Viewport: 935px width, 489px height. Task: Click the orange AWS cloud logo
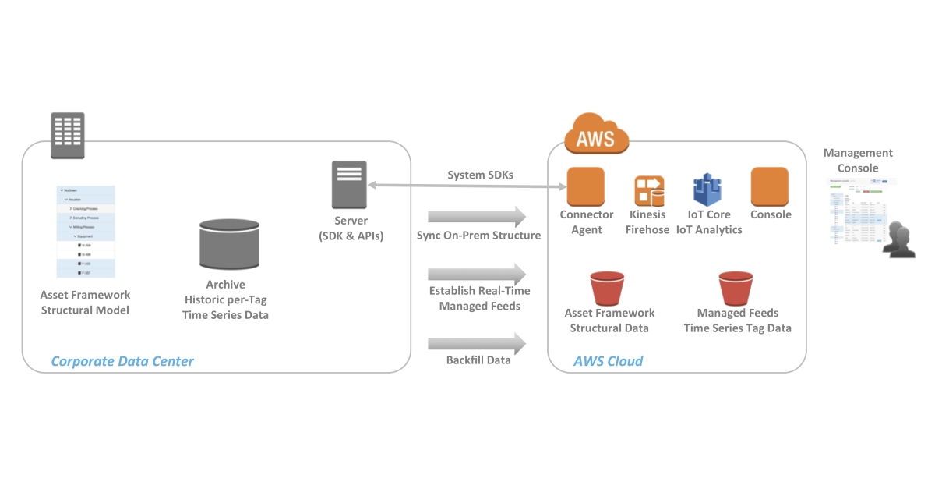click(x=595, y=135)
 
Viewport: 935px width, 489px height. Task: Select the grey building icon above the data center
click(x=68, y=135)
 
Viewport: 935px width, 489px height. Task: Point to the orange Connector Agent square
click(x=586, y=187)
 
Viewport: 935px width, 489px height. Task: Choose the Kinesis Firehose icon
click(x=648, y=191)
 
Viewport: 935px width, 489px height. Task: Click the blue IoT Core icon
click(x=707, y=190)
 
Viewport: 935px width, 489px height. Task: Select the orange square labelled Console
click(x=770, y=187)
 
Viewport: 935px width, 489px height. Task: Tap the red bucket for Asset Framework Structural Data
click(x=608, y=288)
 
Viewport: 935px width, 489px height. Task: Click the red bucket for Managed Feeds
click(x=736, y=288)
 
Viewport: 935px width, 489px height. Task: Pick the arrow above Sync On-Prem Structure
click(x=477, y=216)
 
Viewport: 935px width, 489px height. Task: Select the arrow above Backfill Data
click(x=477, y=342)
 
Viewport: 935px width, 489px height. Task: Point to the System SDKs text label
click(x=480, y=175)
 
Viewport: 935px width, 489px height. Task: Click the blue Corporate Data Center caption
click(x=122, y=361)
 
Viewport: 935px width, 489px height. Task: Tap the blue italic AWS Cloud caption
click(x=608, y=361)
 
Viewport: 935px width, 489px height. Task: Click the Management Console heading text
click(x=858, y=161)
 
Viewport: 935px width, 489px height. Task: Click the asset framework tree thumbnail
click(x=86, y=232)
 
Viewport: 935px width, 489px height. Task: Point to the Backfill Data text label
click(x=478, y=360)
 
